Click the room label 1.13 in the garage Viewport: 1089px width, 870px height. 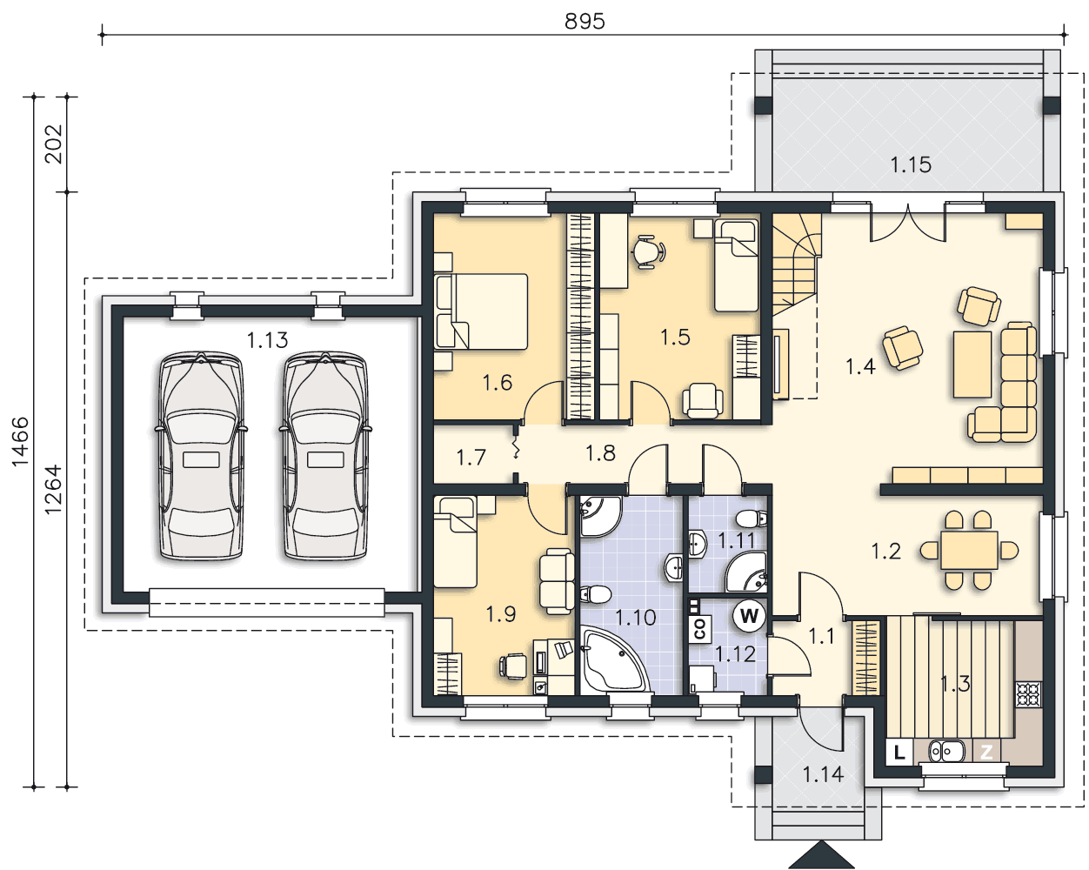tap(267, 340)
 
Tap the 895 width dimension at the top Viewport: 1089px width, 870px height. tap(585, 22)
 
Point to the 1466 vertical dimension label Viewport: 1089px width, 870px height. tap(21, 441)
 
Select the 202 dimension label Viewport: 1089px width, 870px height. tap(54, 144)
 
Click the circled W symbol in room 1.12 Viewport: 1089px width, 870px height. tap(749, 616)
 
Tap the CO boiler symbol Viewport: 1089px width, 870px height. tap(700, 630)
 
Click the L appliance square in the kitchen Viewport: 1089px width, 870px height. tap(899, 752)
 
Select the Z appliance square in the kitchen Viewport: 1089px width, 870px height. tap(986, 752)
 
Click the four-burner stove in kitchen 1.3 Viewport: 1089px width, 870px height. tap(1028, 694)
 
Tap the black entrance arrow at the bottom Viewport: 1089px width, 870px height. tap(822, 855)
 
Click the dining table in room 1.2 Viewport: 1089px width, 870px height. tap(969, 550)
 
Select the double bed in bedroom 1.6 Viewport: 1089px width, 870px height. tap(481, 311)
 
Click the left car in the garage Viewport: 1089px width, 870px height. tap(202, 457)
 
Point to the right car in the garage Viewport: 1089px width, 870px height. tap(325, 457)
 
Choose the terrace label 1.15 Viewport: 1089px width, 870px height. tap(911, 165)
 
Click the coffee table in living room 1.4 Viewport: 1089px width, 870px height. tap(972, 365)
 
